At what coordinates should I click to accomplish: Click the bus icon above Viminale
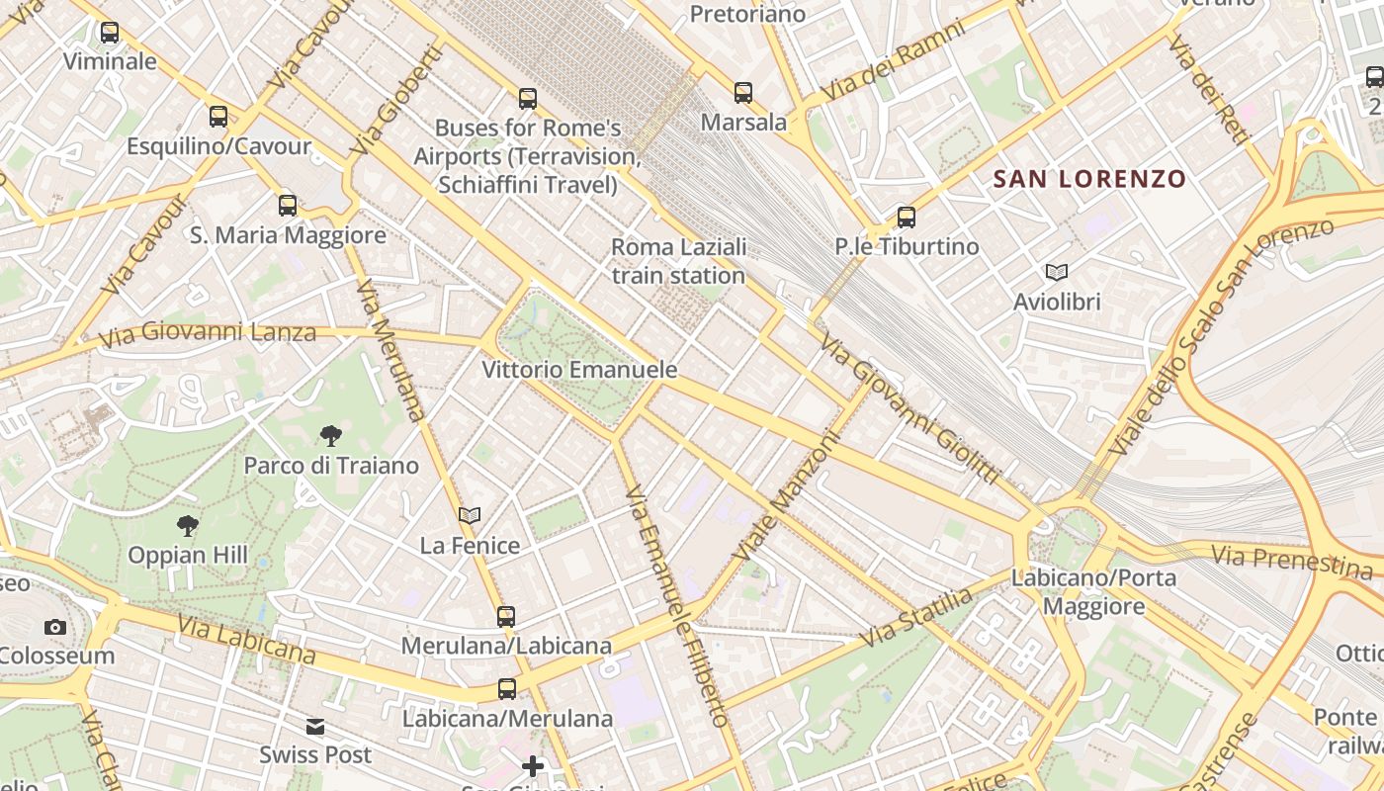click(x=110, y=33)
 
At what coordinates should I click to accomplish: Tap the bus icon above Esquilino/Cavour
click(x=218, y=117)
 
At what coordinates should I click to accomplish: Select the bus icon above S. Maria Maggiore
click(x=288, y=206)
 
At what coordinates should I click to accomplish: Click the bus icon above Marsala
click(x=743, y=93)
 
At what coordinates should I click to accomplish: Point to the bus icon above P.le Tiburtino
click(x=907, y=218)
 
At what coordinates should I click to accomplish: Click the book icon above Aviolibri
click(x=1057, y=272)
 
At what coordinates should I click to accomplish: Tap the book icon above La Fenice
click(x=470, y=515)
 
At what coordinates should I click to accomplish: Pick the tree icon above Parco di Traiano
click(x=331, y=435)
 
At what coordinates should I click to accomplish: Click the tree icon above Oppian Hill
click(x=188, y=525)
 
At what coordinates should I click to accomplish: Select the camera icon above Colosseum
click(x=55, y=627)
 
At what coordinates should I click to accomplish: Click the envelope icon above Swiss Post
click(x=315, y=727)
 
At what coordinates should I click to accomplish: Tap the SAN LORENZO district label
click(x=1089, y=179)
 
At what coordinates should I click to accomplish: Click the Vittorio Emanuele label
click(x=579, y=370)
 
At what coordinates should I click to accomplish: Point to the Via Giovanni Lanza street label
click(x=207, y=333)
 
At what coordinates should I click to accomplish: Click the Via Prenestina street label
click(x=1293, y=561)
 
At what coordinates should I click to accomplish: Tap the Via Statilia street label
click(x=915, y=618)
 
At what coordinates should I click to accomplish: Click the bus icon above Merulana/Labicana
click(x=506, y=617)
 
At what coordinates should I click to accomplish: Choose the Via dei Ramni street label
click(x=893, y=59)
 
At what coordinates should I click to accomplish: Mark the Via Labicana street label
click(x=247, y=640)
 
